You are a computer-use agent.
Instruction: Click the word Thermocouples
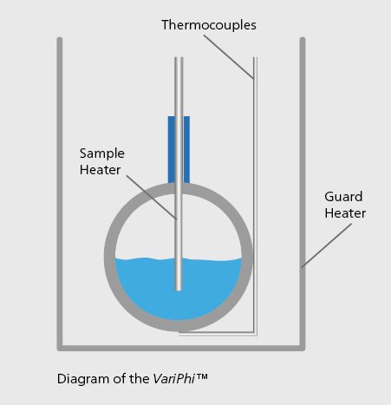[209, 25]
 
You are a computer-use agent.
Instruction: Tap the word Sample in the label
[102, 154]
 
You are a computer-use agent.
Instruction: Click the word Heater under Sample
[100, 170]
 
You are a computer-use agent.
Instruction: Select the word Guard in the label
[343, 197]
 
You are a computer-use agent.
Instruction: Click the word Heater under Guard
[345, 213]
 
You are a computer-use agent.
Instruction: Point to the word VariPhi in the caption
[173, 379]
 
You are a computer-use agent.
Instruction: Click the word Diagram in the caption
[83, 379]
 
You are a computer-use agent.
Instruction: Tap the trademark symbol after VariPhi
[202, 376]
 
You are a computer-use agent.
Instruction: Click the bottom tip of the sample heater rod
[179, 291]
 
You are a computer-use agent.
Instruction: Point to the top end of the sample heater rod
[179, 57]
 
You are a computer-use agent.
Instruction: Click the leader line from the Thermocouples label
[229, 57]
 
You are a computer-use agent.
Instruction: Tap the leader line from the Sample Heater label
[152, 198]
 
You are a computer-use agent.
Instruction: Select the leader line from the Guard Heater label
[327, 245]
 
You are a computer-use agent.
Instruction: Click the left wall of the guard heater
[60, 193]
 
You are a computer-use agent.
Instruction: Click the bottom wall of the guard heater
[181, 348]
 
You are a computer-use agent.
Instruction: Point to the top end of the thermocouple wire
[255, 57]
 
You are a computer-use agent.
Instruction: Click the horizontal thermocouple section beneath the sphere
[218, 334]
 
